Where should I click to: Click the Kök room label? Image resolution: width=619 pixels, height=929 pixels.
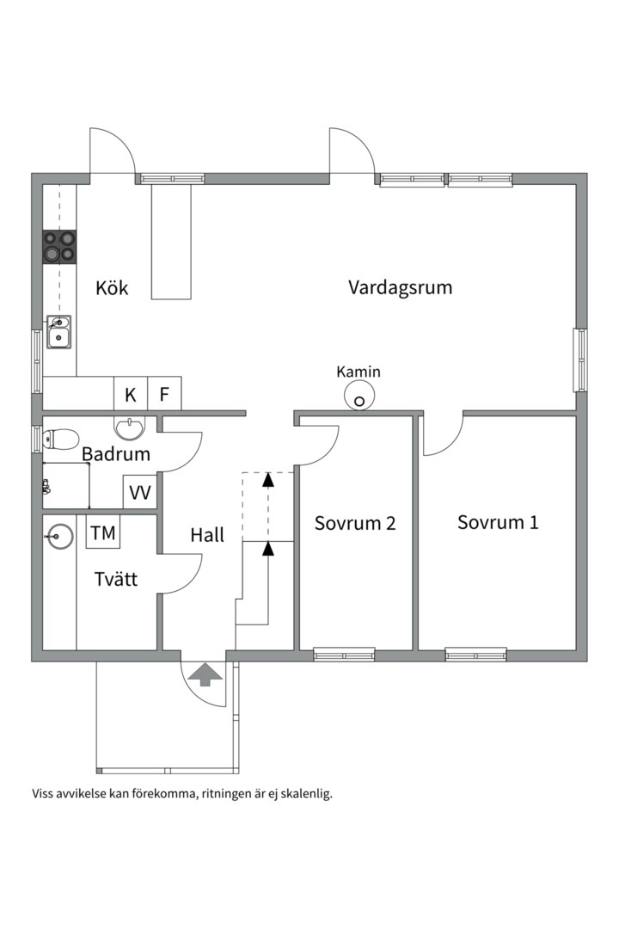coord(112,288)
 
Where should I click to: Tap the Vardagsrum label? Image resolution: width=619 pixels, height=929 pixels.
coord(400,287)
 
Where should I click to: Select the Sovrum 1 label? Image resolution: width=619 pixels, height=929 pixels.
coord(498,522)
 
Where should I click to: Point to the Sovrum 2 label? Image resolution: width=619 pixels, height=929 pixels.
coord(355,523)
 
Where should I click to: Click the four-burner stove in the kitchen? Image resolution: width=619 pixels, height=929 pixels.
coord(60,247)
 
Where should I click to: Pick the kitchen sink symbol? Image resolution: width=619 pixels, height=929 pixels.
coord(58,332)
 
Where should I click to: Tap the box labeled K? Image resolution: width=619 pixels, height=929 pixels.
coord(131,394)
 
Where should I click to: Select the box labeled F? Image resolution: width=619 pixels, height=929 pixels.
coord(164,394)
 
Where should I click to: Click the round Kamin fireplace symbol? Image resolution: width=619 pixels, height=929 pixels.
coord(359,395)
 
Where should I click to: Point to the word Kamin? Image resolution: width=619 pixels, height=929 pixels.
coord(359,372)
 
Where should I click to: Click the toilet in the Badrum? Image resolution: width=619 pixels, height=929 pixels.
coord(60,439)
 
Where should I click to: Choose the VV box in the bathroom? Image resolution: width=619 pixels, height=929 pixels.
coord(140,492)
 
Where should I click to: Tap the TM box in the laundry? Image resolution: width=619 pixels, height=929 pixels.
coord(103,532)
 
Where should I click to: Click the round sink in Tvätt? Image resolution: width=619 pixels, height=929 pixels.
coord(59,536)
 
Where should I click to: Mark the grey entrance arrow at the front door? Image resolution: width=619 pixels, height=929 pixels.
coord(205,674)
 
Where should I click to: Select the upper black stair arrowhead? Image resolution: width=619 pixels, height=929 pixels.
coord(268,479)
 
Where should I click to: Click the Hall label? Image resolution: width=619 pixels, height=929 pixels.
coord(207,535)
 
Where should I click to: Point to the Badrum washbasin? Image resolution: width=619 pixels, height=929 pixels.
coord(129,428)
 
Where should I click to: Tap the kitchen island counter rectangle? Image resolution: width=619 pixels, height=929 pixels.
coord(172,242)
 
